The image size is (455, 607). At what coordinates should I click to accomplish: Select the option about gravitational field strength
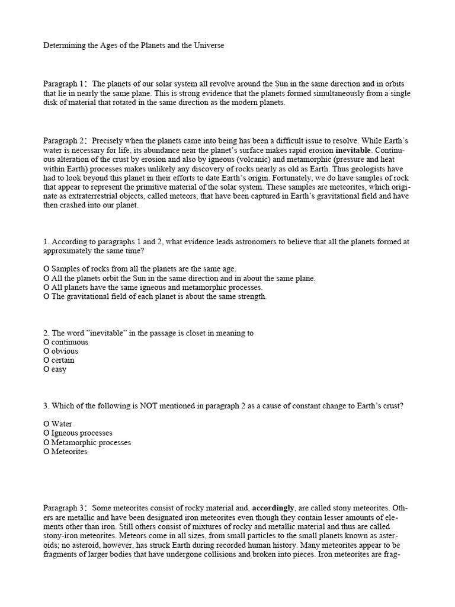pyautogui.click(x=155, y=296)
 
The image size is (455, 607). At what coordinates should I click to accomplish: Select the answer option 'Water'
pyautogui.click(x=57, y=424)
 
